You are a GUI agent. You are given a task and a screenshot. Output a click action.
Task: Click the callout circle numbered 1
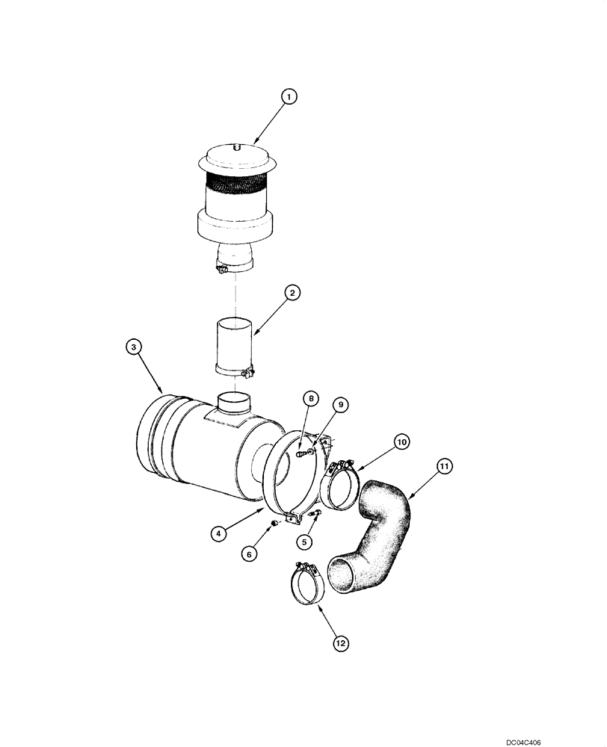pos(289,96)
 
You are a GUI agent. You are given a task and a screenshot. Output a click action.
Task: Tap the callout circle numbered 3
pos(132,347)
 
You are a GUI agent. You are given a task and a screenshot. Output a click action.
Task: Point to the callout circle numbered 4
pos(218,533)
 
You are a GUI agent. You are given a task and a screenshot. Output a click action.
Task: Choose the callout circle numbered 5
pos(303,540)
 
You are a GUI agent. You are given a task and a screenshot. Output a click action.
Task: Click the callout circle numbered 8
pos(309,398)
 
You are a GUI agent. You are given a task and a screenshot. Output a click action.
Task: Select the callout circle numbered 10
pos(401,442)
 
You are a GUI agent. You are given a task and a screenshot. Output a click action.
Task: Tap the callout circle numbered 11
pos(444,467)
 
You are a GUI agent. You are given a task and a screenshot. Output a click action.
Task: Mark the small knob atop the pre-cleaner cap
pos(235,148)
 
